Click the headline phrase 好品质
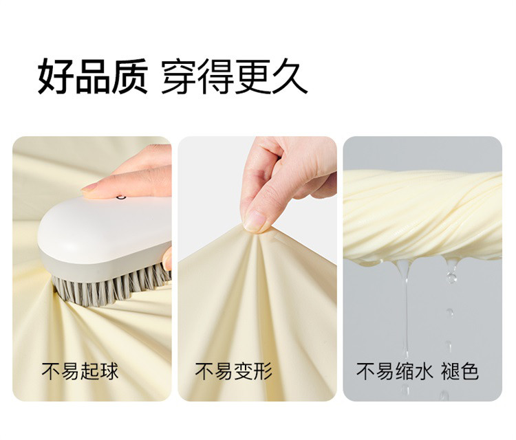click(92, 76)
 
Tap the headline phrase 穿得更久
click(234, 76)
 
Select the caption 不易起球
click(80, 371)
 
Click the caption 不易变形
click(234, 371)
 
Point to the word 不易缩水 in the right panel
click(394, 371)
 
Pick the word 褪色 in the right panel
click(460, 371)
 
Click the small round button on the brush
click(121, 197)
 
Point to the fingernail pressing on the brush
click(89, 188)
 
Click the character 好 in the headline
click(56, 76)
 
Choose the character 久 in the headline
click(290, 76)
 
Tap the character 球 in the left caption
click(109, 371)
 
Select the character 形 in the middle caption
click(263, 371)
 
